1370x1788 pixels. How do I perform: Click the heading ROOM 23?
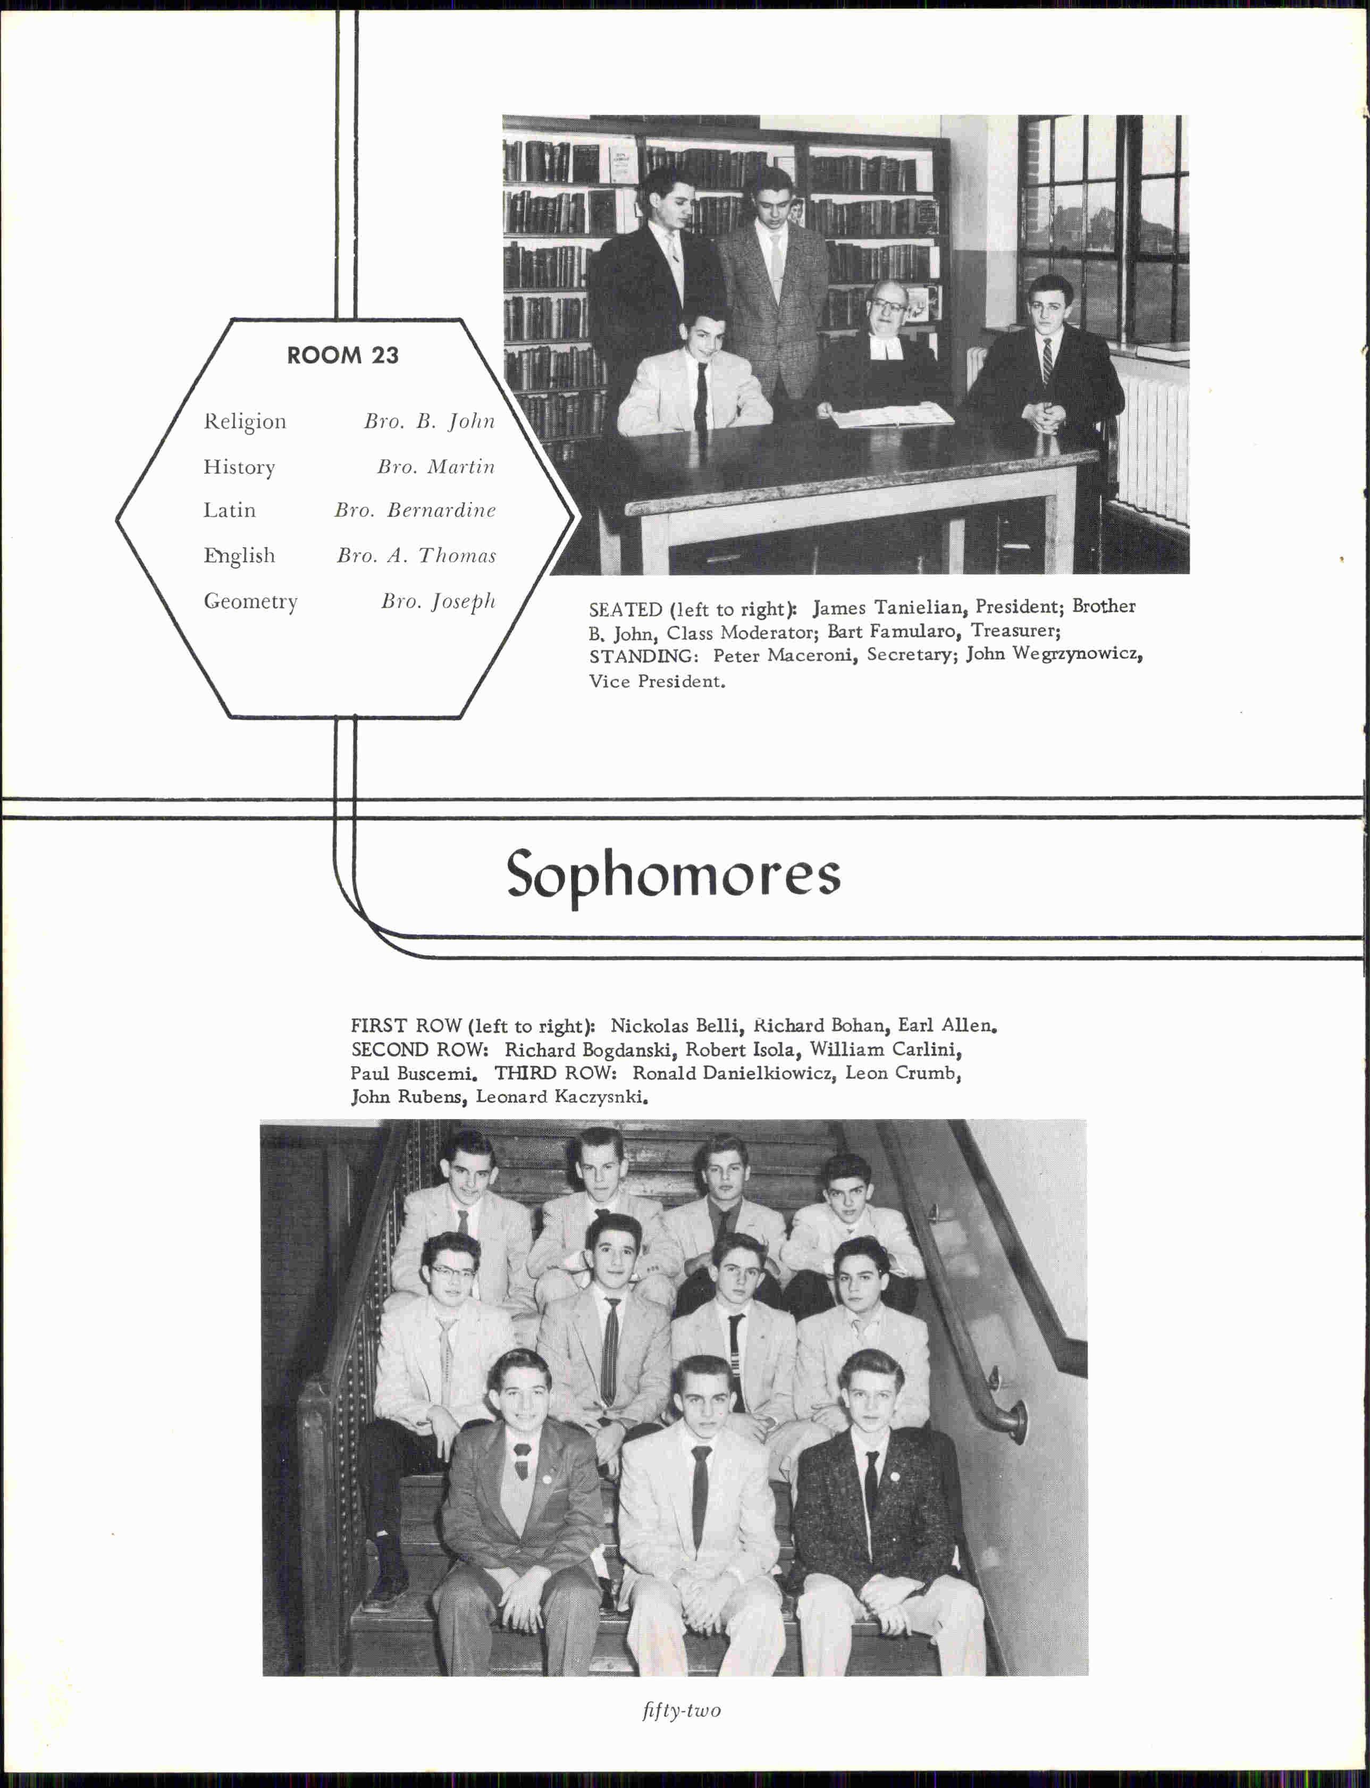click(342, 356)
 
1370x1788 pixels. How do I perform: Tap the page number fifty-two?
click(681, 1710)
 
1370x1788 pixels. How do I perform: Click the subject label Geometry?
click(250, 602)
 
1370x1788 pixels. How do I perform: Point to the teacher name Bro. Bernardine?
click(415, 510)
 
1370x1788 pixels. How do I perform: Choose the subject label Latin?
click(229, 510)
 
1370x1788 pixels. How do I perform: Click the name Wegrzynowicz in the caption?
click(1077, 654)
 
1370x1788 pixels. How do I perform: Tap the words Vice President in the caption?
click(657, 682)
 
